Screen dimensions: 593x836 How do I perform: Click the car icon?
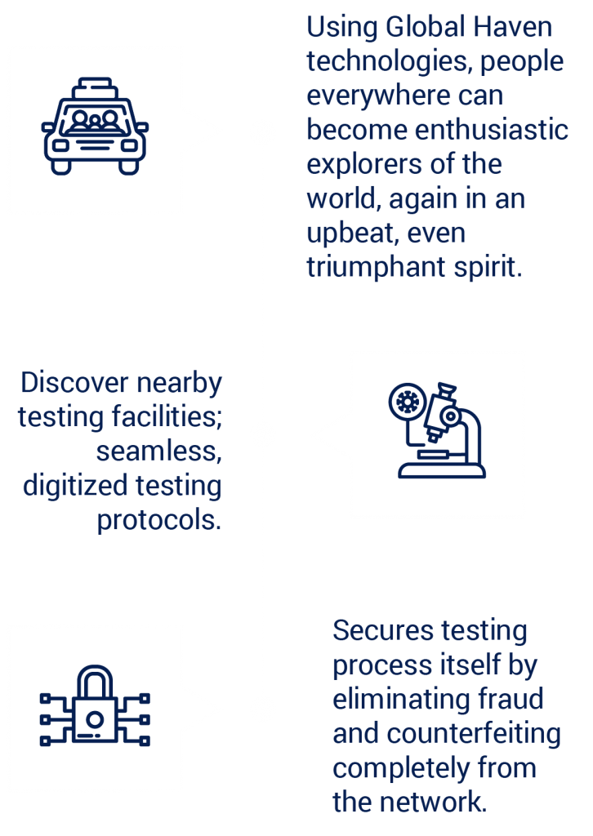(x=95, y=127)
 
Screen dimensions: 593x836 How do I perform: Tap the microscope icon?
(x=437, y=429)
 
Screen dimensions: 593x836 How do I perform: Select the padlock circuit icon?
(x=95, y=705)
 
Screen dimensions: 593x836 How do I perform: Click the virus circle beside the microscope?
(x=408, y=402)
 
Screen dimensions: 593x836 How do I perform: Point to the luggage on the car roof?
(x=95, y=88)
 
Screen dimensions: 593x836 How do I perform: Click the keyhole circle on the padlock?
(x=95, y=719)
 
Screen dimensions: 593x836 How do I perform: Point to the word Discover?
(x=74, y=382)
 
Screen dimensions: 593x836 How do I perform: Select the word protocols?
(x=159, y=520)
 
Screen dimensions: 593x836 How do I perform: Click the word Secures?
(x=383, y=631)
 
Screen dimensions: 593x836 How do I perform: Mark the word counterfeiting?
(x=473, y=734)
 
